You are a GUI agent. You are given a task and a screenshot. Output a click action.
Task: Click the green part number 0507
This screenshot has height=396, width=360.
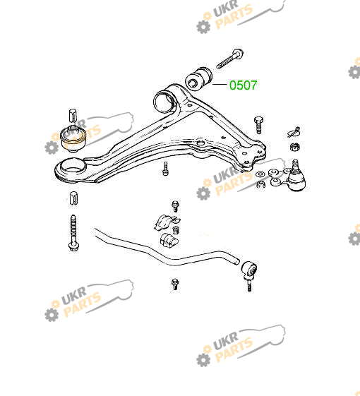coord(243,85)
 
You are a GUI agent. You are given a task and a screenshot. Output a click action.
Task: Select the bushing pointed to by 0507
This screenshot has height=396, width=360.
coord(198,78)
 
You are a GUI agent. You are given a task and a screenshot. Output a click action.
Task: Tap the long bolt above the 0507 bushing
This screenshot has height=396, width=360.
coord(230,59)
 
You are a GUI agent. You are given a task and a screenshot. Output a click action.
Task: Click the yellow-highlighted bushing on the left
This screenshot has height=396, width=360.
coord(73,139)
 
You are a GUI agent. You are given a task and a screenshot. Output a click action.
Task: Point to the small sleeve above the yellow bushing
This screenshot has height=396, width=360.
coord(73,116)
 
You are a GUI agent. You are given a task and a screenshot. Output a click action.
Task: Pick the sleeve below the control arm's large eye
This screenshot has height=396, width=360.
coord(73,198)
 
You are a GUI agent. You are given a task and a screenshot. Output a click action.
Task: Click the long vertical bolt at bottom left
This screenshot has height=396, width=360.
coord(73,233)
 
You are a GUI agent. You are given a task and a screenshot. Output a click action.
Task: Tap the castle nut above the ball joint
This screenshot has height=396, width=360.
coord(294,146)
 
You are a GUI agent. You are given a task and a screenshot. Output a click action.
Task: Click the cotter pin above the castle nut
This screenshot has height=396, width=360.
coord(294,132)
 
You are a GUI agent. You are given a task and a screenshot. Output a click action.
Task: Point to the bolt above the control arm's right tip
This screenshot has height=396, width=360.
coord(258,125)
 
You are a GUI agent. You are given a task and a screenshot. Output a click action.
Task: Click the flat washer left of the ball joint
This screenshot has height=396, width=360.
coord(260,174)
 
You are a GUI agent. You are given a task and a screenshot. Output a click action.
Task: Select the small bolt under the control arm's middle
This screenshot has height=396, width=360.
coord(165,169)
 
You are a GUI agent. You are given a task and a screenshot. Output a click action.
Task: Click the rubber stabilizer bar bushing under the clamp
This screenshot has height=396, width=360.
coord(169,240)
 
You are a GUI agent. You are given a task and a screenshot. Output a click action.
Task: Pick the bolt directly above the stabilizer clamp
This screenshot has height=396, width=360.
coord(175,206)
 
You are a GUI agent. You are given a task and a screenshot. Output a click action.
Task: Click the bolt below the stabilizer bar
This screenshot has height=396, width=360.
coord(175,284)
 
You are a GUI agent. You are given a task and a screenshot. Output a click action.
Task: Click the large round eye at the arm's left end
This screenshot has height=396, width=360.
coord(71,169)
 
